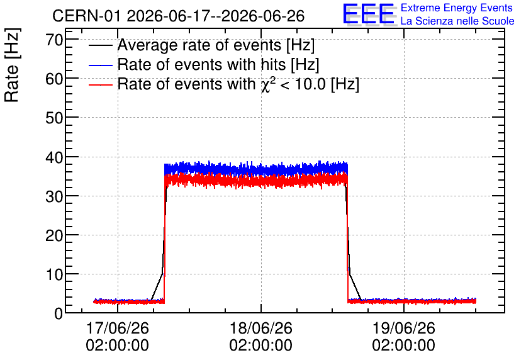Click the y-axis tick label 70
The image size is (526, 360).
coord(54,40)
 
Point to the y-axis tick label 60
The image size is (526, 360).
coord(54,79)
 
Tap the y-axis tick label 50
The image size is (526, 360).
coord(54,118)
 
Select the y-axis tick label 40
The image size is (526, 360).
coord(54,157)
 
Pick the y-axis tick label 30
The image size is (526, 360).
coord(54,196)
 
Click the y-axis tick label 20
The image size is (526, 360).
coord(54,235)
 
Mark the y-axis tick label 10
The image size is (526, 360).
coord(54,275)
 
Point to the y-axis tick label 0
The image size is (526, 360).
coord(59,314)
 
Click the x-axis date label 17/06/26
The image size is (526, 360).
coord(118,328)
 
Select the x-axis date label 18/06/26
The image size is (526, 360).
coord(260,328)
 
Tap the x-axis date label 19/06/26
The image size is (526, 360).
coord(403,328)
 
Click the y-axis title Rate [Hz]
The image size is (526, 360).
coord(12,65)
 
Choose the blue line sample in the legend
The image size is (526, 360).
coord(100,65)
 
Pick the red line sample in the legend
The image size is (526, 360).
coord(100,85)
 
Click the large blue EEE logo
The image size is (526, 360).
coord(368,14)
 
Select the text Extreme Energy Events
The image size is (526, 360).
coord(457,8)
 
